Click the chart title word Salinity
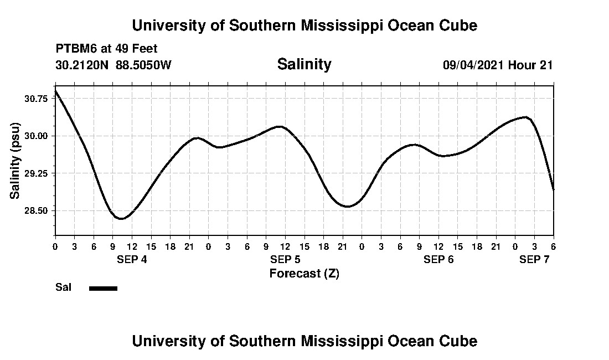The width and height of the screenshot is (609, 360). pyautogui.click(x=304, y=64)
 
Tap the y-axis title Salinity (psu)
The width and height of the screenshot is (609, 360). pyautogui.click(x=15, y=161)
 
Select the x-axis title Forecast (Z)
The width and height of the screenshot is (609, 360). pyautogui.click(x=304, y=273)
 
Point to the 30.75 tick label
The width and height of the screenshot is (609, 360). pyautogui.click(x=36, y=99)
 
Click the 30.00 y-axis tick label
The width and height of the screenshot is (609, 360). pyautogui.click(x=36, y=136)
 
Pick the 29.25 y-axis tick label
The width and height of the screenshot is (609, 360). pyautogui.click(x=36, y=173)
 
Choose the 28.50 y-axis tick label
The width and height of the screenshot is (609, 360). pyautogui.click(x=36, y=211)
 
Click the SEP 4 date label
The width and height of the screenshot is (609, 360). pyautogui.click(x=132, y=259)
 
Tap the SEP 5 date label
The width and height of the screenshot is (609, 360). pyautogui.click(x=285, y=259)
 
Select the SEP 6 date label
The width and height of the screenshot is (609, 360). pyautogui.click(x=438, y=259)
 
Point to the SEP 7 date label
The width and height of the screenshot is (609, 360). pyautogui.click(x=534, y=259)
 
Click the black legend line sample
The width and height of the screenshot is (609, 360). pyautogui.click(x=103, y=288)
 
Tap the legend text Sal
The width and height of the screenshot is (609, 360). pyautogui.click(x=63, y=287)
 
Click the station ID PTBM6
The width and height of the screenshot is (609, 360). pyautogui.click(x=75, y=49)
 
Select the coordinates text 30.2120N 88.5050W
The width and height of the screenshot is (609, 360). pyautogui.click(x=113, y=65)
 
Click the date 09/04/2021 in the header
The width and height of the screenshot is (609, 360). pyautogui.click(x=473, y=65)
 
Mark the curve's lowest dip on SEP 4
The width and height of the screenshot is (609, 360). pyautogui.click(x=121, y=219)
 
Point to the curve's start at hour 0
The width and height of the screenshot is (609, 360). pyautogui.click(x=55, y=90)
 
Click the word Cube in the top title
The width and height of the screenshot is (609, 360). pyautogui.click(x=460, y=25)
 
